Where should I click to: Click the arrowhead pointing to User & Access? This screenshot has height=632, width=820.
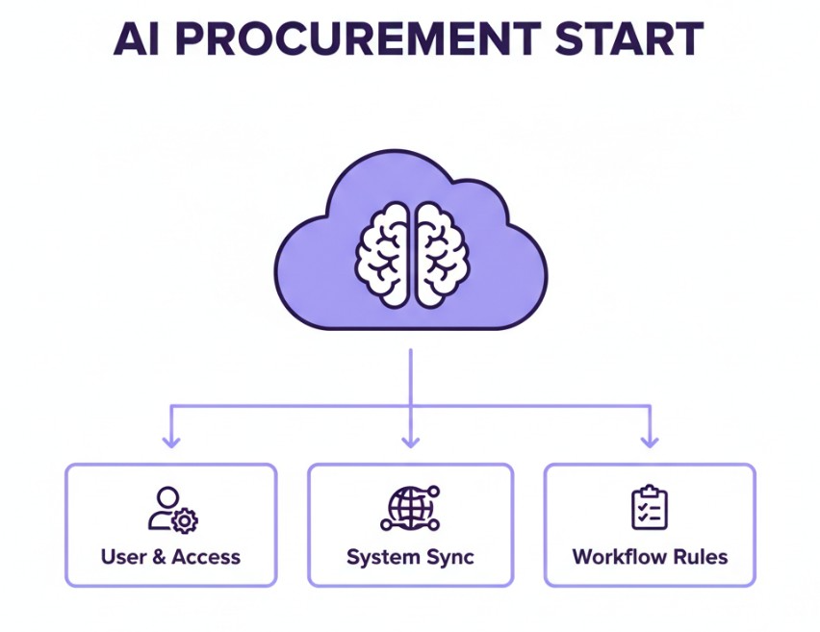click(171, 441)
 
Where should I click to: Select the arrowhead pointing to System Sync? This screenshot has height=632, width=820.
click(411, 441)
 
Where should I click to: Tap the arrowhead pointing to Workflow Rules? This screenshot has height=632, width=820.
click(650, 441)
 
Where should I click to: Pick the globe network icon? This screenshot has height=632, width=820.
click(410, 508)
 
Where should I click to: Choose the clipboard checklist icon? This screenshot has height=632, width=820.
click(650, 507)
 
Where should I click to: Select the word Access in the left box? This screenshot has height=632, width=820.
click(206, 557)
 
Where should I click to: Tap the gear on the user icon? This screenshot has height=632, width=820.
click(185, 520)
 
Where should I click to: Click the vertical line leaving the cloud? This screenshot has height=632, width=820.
click(411, 375)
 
